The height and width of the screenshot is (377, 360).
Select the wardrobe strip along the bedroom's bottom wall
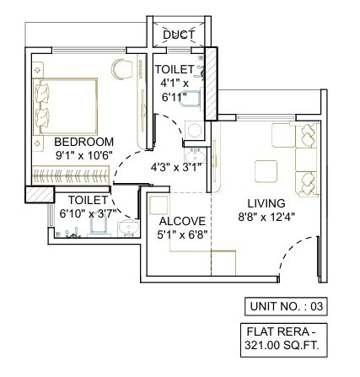coord(71,175)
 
